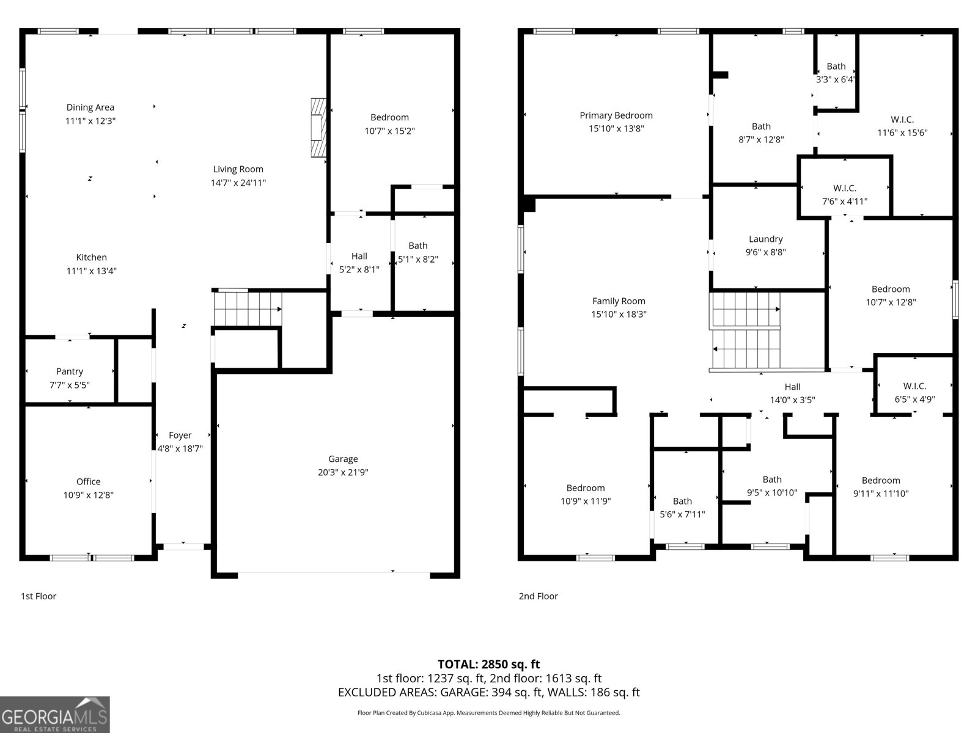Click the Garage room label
(343, 459)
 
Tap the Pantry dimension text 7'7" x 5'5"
(70, 385)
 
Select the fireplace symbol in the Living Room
(318, 127)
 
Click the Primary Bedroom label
(616, 115)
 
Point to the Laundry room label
(765, 239)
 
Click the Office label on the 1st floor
(88, 481)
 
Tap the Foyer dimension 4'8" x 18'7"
(180, 448)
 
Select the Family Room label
(619, 301)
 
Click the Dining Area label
(90, 108)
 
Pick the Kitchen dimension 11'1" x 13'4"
(91, 271)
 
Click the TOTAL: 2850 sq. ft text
(488, 664)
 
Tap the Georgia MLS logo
(55, 715)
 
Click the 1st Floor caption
(39, 596)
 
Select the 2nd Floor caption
(538, 596)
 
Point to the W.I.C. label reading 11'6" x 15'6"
(902, 126)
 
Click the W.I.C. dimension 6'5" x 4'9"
(914, 399)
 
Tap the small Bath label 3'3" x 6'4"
(836, 73)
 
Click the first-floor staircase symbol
(248, 309)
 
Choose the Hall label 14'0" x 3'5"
(792, 393)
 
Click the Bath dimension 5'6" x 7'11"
(682, 514)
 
